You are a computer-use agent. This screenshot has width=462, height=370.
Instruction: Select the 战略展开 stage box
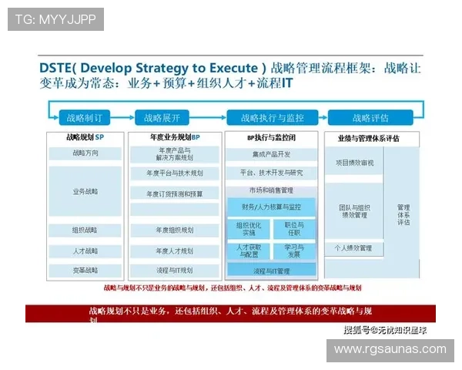click(162, 118)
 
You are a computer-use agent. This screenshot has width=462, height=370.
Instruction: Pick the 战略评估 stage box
click(370, 118)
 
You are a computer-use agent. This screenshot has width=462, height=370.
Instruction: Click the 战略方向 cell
click(85, 153)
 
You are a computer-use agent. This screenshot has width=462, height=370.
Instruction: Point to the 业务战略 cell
click(85, 190)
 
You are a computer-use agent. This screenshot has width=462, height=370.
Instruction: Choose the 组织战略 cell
click(85, 230)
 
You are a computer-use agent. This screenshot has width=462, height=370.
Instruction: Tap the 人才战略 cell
click(85, 251)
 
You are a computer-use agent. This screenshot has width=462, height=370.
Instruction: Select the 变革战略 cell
click(85, 271)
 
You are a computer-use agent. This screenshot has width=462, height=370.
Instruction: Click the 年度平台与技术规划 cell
click(176, 173)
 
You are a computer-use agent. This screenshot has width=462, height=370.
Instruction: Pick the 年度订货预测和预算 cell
click(176, 193)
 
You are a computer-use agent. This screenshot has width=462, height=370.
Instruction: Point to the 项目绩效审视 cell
click(354, 163)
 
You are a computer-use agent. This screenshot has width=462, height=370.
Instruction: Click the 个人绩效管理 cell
click(354, 248)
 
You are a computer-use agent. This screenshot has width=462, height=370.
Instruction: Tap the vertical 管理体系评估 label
click(403, 214)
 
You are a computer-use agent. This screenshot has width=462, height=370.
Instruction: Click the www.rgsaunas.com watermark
click(390, 349)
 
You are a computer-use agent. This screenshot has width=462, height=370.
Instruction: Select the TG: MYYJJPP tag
click(55, 18)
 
